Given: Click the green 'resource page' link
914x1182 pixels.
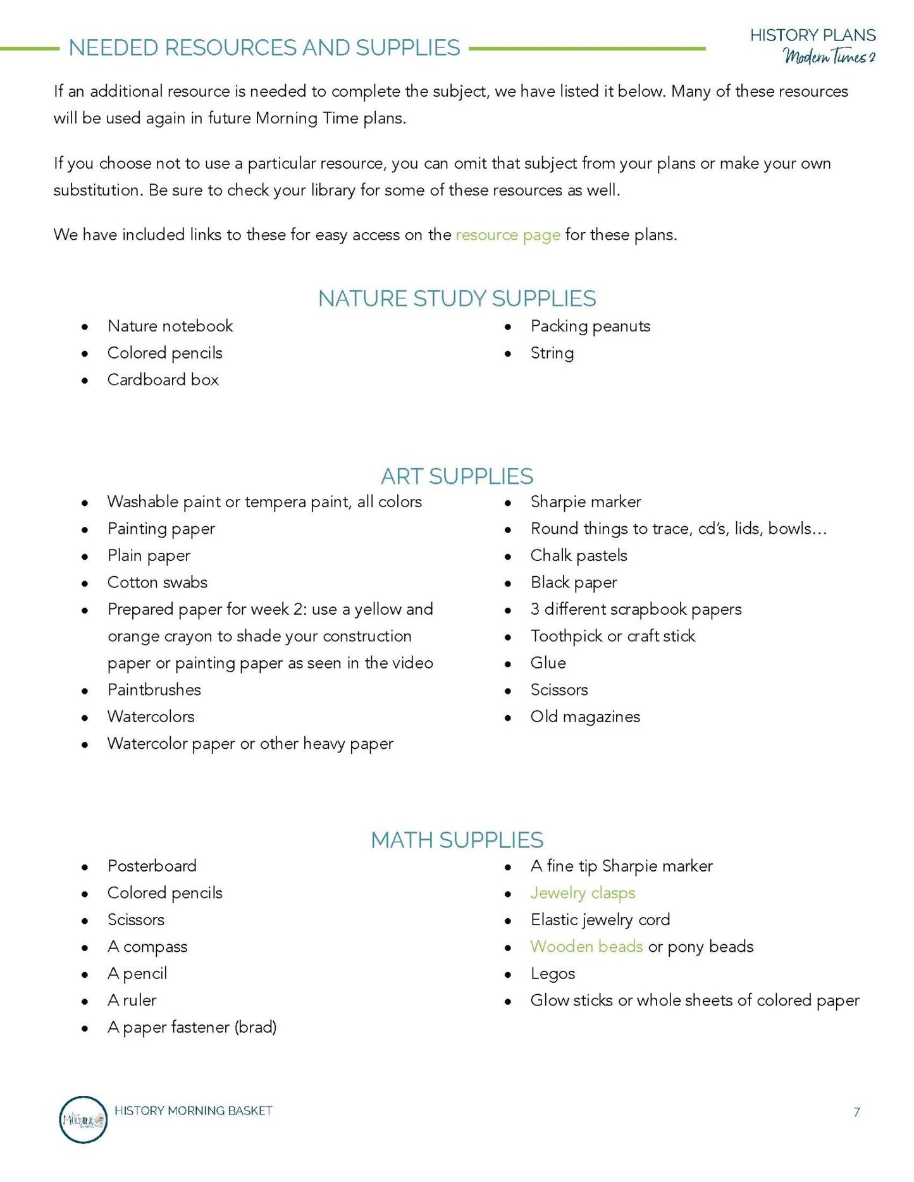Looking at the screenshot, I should click(507, 235).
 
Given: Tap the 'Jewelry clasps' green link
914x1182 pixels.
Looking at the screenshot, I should click(583, 893).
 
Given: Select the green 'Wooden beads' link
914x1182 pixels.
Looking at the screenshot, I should click(586, 947).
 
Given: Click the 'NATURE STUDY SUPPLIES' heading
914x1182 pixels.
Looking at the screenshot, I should click(457, 299).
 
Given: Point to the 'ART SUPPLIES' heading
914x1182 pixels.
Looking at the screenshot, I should click(457, 476).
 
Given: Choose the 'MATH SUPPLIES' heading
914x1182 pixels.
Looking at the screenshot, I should click(457, 840).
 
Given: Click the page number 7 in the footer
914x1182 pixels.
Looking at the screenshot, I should click(856, 1112).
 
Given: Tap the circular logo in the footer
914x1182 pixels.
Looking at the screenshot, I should click(83, 1119).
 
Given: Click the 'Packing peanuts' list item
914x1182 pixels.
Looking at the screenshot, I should click(590, 326).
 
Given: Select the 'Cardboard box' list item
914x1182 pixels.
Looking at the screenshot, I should click(163, 380).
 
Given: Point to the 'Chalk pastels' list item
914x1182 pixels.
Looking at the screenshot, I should click(579, 556).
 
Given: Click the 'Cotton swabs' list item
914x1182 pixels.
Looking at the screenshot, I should click(157, 582).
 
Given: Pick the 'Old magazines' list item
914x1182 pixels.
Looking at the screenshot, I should click(585, 717).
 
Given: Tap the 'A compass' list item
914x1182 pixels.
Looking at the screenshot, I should click(147, 947).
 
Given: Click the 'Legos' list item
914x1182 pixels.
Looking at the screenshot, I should click(553, 974).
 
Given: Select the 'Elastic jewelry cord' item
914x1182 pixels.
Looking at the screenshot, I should click(600, 920).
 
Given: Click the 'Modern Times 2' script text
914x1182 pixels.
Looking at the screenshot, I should click(829, 57).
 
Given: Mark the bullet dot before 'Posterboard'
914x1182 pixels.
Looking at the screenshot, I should click(85, 867).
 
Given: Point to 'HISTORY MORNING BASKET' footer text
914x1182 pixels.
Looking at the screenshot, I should click(194, 1111).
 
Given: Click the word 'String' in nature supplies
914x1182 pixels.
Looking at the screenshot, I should click(552, 354).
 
